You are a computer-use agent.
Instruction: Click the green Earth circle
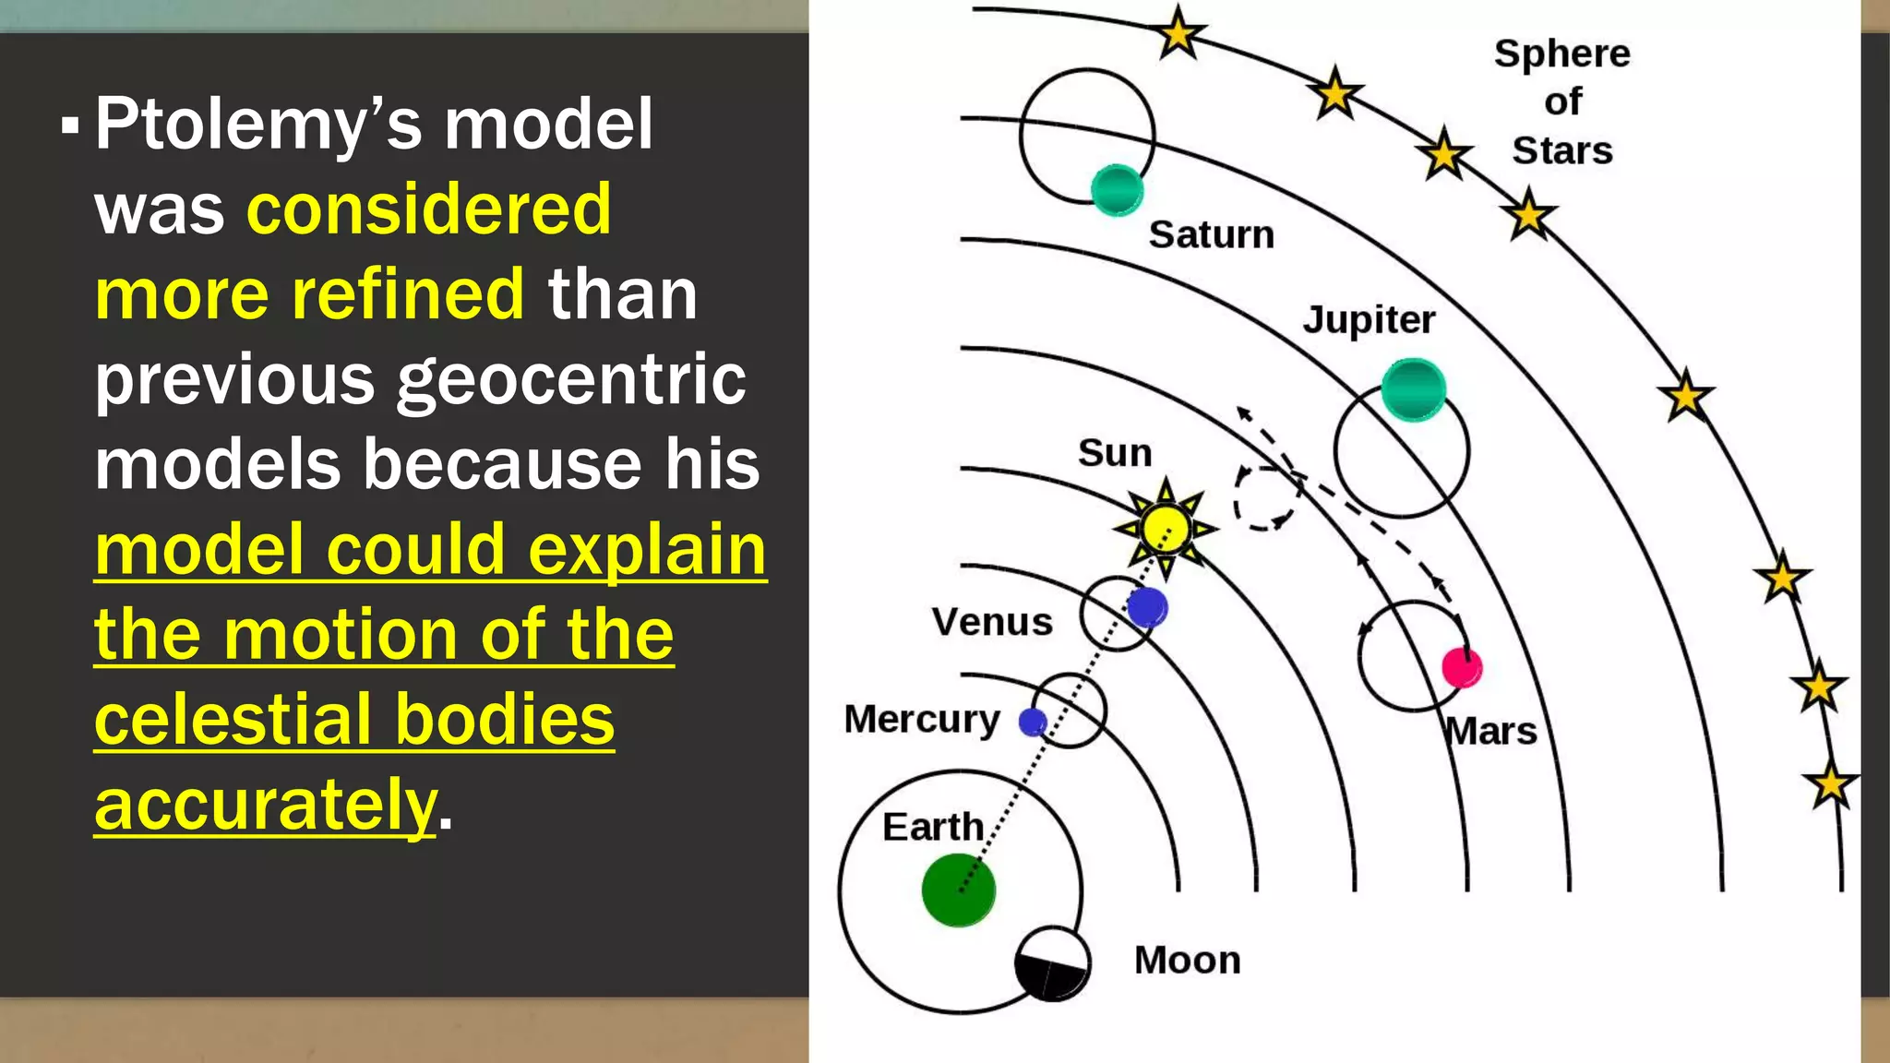tap(959, 890)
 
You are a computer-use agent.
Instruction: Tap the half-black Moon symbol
tap(1052, 963)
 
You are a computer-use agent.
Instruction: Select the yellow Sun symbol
tap(1166, 528)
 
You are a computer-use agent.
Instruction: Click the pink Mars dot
tap(1462, 667)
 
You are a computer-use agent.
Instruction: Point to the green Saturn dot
tap(1117, 189)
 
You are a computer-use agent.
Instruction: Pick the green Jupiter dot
tap(1413, 388)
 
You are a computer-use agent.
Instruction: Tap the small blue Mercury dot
tap(1033, 722)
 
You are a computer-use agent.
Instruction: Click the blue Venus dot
tap(1147, 607)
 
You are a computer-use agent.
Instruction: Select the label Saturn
tap(1211, 234)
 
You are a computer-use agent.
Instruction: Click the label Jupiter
tap(1369, 320)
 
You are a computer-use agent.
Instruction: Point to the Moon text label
tap(1187, 961)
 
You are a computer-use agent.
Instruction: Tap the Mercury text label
tap(921, 719)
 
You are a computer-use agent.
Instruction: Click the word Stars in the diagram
tap(1561, 150)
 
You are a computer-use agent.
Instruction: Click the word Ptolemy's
tap(257, 124)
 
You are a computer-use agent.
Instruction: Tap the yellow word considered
tap(429, 209)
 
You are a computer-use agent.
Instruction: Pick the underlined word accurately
tap(266, 804)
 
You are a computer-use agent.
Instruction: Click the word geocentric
tap(571, 379)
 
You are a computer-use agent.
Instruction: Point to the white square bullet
tap(70, 125)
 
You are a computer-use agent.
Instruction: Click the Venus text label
tap(992, 622)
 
